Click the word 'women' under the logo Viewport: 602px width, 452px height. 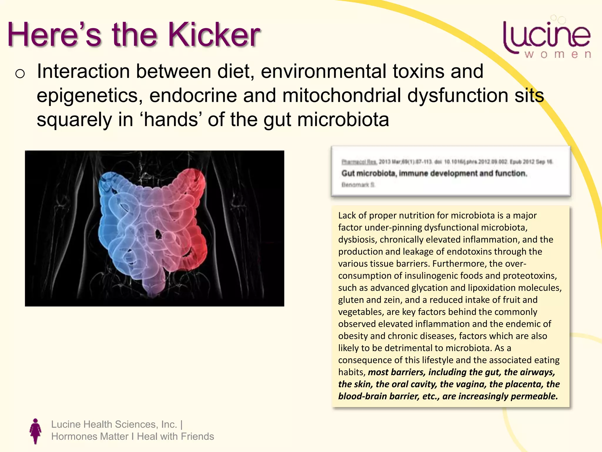click(558, 54)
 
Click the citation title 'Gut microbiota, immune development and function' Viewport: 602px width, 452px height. click(434, 173)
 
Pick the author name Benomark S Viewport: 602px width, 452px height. click(358, 185)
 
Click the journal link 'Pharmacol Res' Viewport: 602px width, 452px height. click(359, 162)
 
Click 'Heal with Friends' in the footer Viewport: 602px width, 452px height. click(175, 436)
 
